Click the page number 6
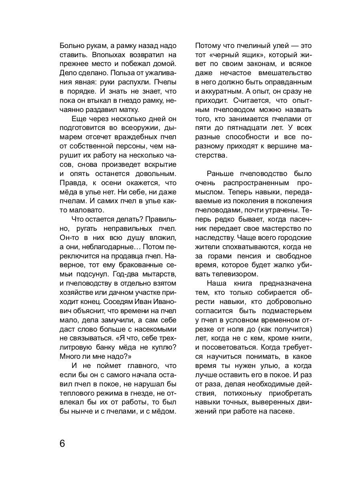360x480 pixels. coord(62,444)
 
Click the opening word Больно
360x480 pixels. coord(71,45)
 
